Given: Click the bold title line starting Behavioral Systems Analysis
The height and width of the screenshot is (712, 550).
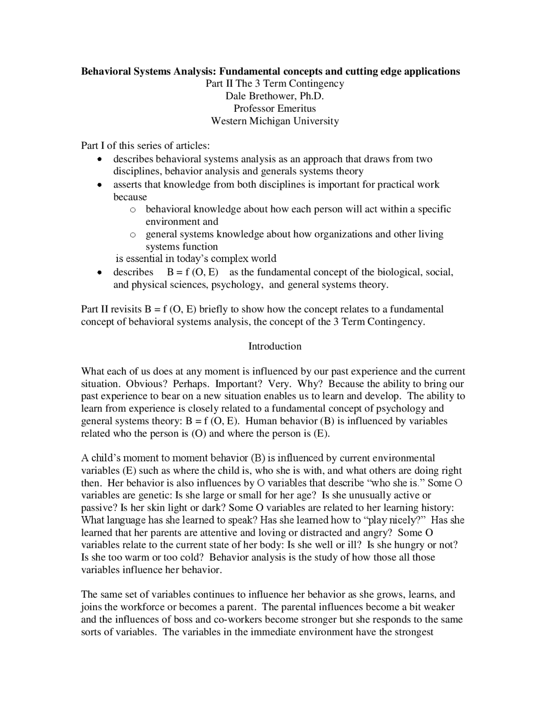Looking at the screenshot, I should pyautogui.click(x=270, y=71).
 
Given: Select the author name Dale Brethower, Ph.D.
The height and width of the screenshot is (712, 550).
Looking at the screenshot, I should pyautogui.click(x=275, y=96).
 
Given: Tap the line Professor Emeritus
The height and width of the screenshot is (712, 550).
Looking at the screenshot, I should pyautogui.click(x=275, y=108).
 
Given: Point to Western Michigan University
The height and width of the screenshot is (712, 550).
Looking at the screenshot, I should pyautogui.click(x=275, y=121).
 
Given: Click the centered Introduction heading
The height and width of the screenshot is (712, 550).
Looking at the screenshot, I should pyautogui.click(x=275, y=346).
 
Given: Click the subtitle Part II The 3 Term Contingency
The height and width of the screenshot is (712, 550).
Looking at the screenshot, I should pyautogui.click(x=275, y=83).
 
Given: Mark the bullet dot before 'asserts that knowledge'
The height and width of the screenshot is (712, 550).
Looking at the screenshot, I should pyautogui.click(x=99, y=185).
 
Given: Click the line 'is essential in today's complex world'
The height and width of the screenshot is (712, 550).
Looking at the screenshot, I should pyautogui.click(x=196, y=259).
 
